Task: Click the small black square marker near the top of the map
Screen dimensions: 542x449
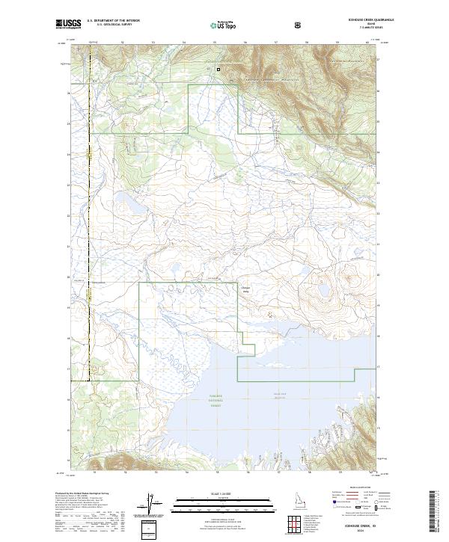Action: [x=219, y=70]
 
